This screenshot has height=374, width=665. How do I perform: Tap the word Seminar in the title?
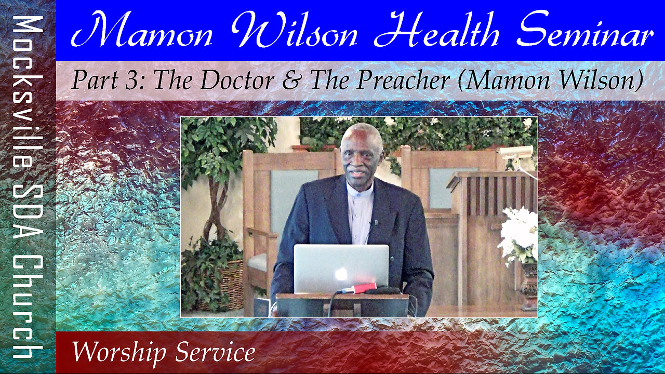coord(587,29)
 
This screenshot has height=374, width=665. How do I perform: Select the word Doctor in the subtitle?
coord(237,80)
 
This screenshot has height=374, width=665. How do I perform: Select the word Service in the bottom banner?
coord(215,352)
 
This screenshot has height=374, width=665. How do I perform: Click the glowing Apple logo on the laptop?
coord(341,274)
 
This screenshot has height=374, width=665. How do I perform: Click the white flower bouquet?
coord(519,234)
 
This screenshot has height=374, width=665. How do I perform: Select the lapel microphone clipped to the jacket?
coord(376,222)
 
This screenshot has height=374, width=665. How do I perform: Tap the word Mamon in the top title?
coord(142,29)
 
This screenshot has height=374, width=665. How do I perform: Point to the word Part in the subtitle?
coord(95,80)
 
